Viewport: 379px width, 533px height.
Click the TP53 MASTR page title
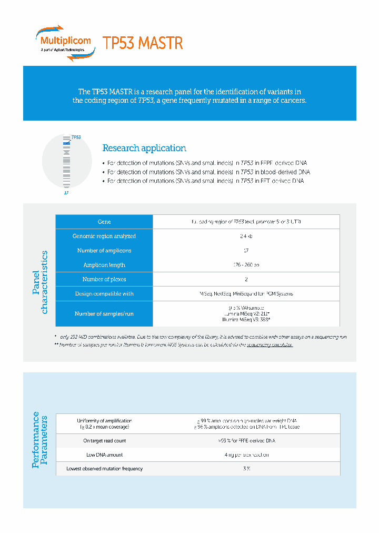143,43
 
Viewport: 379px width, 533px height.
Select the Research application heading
144,148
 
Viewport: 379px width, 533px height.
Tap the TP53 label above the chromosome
76,137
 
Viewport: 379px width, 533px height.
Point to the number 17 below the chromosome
66,193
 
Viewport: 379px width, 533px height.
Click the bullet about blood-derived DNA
208,172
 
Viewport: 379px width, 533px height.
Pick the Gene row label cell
104,222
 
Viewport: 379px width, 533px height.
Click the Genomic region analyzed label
104,236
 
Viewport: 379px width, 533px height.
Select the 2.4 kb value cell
246,236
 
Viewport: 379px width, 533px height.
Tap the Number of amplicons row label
104,250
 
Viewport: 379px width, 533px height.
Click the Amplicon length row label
104,265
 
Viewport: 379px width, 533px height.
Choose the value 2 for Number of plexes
246,279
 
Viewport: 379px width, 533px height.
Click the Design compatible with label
104,293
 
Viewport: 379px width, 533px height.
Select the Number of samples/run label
104,313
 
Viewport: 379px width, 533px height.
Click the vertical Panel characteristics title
40,282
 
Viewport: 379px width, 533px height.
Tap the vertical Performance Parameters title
40,440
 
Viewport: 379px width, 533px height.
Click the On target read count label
104,440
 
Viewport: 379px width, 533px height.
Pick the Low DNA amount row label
104,455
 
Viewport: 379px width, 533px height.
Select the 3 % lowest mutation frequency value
246,468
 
